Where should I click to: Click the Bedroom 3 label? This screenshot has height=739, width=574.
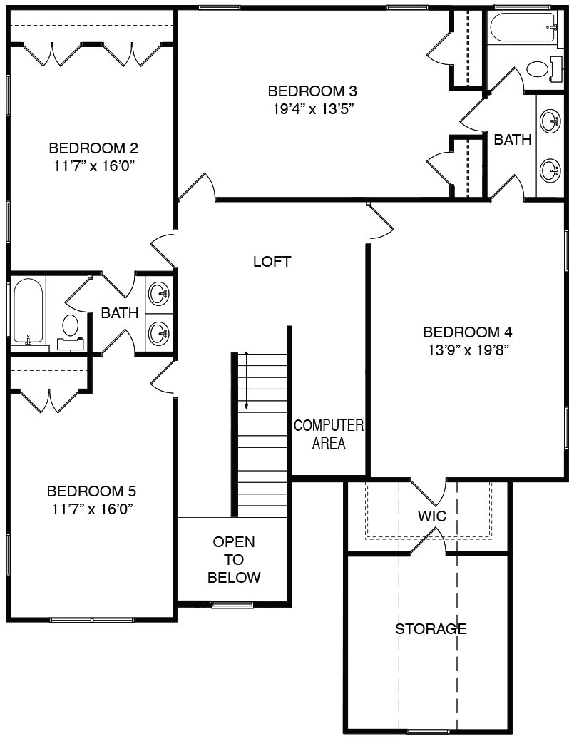pyautogui.click(x=312, y=91)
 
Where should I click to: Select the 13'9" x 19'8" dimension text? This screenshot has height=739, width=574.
pyautogui.click(x=468, y=351)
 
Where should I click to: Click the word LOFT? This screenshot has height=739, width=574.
pyautogui.click(x=272, y=262)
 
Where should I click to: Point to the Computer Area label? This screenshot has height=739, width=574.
pyautogui.click(x=329, y=434)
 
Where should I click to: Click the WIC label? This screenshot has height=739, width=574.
pyautogui.click(x=432, y=516)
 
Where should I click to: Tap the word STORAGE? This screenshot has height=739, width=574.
pyautogui.click(x=431, y=628)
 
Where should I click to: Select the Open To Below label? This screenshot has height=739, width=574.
pyautogui.click(x=234, y=559)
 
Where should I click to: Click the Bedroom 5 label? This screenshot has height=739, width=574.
pyautogui.click(x=91, y=491)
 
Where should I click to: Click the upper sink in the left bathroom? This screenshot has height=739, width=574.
pyautogui.click(x=159, y=295)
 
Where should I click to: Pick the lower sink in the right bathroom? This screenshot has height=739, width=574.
pyautogui.click(x=550, y=170)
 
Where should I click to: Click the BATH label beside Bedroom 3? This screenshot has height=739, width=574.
pyautogui.click(x=512, y=140)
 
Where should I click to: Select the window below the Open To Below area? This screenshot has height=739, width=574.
pyautogui.click(x=226, y=605)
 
